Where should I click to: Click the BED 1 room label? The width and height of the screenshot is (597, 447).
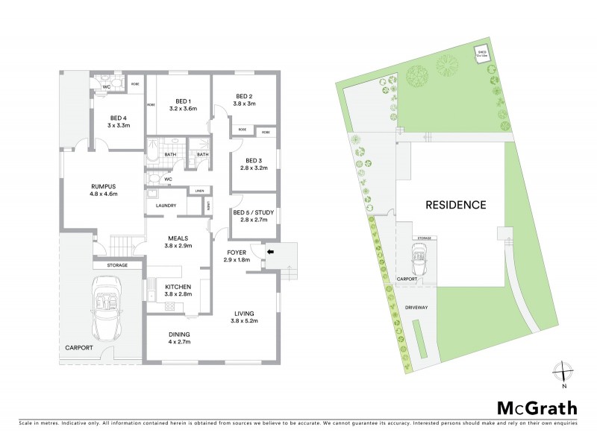184,101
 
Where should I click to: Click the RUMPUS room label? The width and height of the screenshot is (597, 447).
104,186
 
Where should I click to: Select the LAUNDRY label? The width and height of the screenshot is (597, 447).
166,206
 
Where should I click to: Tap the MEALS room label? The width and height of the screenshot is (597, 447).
178,238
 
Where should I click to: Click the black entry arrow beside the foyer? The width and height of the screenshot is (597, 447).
270,252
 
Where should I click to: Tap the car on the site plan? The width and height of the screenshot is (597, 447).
419,260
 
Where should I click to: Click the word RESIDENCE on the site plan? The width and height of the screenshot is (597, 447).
455,204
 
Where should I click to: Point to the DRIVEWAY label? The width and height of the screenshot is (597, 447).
416,306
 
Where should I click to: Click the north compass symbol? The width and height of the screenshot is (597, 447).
563,372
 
